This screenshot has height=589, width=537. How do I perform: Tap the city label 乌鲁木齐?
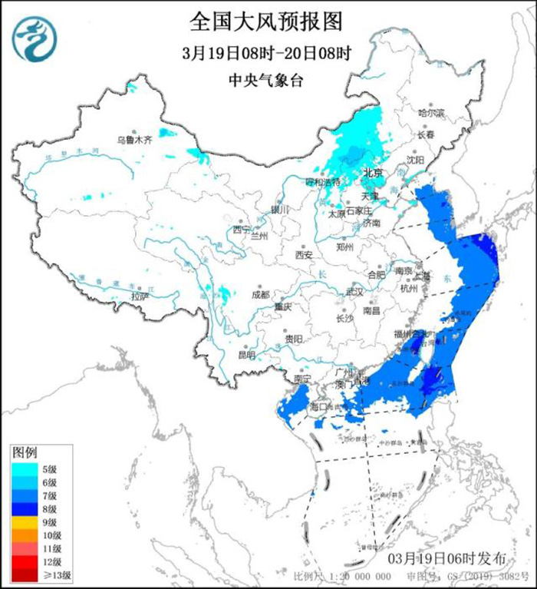click(x=134, y=141)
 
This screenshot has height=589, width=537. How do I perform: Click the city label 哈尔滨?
click(x=431, y=112)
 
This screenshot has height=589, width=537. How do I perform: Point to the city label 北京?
click(x=373, y=173)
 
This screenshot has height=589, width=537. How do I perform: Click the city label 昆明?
click(x=245, y=355)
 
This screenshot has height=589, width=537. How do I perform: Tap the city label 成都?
click(x=261, y=294)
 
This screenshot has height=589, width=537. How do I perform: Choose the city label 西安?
click(x=304, y=255)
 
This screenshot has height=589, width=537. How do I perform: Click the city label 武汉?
click(x=354, y=292)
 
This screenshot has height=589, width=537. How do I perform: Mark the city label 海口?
click(x=318, y=405)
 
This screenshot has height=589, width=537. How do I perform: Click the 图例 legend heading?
click(x=26, y=452)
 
